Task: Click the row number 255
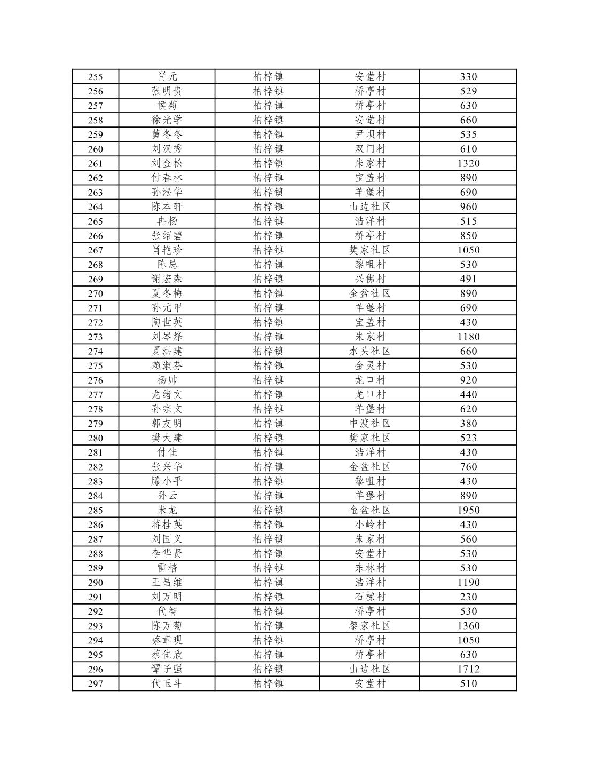pyautogui.click(x=95, y=77)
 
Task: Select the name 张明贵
pyautogui.click(x=167, y=91)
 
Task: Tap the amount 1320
pyautogui.click(x=468, y=163)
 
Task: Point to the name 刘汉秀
pyautogui.click(x=167, y=149)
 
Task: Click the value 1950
pyautogui.click(x=468, y=510)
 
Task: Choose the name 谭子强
pyautogui.click(x=167, y=669)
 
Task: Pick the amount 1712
pyautogui.click(x=468, y=669)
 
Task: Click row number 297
pyautogui.click(x=95, y=683)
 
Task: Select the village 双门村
pyautogui.click(x=369, y=149)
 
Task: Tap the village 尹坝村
pyautogui.click(x=369, y=134)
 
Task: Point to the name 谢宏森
pyautogui.click(x=167, y=279)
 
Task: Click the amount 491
pyautogui.click(x=468, y=279)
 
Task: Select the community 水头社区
pyautogui.click(x=369, y=351)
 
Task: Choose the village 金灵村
pyautogui.click(x=369, y=365)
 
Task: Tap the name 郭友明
pyautogui.click(x=167, y=424)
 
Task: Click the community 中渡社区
pyautogui.click(x=369, y=424)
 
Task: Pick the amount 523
pyautogui.click(x=468, y=438)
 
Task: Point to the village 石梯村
pyautogui.click(x=369, y=597)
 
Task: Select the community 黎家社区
pyautogui.click(x=369, y=626)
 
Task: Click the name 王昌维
pyautogui.click(x=167, y=583)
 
